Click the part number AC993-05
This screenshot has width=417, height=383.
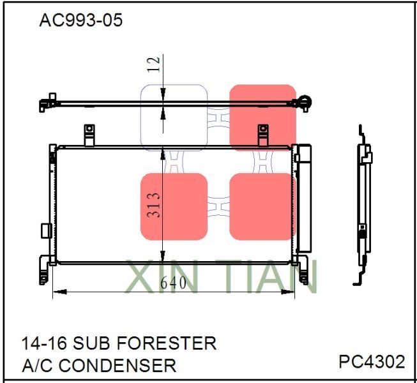80,21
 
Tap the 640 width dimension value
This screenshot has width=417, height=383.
173,283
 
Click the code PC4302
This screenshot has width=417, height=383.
372,362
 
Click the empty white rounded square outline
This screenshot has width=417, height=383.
174,118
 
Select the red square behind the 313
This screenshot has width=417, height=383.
174,206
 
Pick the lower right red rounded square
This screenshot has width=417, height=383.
262,206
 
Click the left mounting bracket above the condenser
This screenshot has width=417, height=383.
89,134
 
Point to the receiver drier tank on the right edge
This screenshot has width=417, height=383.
303,198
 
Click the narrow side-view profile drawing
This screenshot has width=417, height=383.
363,204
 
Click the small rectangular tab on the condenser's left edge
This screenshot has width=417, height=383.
44,230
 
